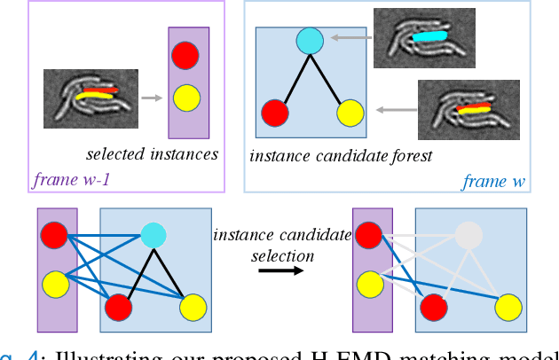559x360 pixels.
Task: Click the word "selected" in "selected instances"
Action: point(114,154)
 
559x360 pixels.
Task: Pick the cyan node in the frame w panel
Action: point(309,40)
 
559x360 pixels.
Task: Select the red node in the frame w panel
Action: point(275,113)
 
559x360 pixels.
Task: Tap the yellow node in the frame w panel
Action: point(350,113)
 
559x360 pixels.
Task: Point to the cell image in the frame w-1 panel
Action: point(91,92)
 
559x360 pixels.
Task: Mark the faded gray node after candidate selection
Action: point(469,233)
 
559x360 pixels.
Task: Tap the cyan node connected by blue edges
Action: point(154,233)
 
